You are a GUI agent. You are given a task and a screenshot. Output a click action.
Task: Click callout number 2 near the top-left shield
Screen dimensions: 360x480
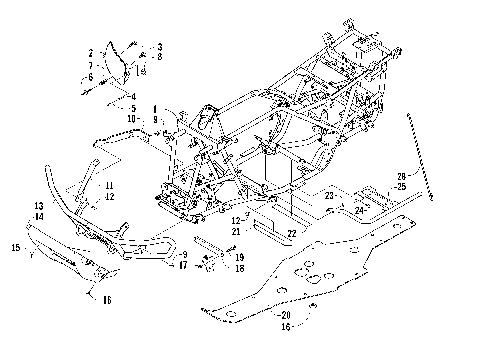pos(90,52)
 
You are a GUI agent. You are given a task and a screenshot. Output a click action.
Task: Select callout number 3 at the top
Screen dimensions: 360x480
pos(159,47)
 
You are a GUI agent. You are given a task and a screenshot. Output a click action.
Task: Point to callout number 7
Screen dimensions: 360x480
pos(90,64)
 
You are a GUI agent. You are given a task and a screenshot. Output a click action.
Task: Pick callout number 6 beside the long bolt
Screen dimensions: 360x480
pos(90,76)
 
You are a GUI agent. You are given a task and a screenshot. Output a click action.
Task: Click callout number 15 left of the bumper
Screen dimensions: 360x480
pos(15,246)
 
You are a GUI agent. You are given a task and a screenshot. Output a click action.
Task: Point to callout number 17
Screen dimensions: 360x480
pos(182,265)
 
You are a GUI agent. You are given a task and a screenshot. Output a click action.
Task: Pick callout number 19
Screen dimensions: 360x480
pos(241,257)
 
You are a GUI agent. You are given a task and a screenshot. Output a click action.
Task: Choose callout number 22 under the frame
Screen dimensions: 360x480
pos(290,233)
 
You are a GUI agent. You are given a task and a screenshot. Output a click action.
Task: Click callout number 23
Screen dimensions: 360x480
pos(328,197)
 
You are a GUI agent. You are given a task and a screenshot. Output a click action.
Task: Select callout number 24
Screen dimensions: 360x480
pos(357,210)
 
